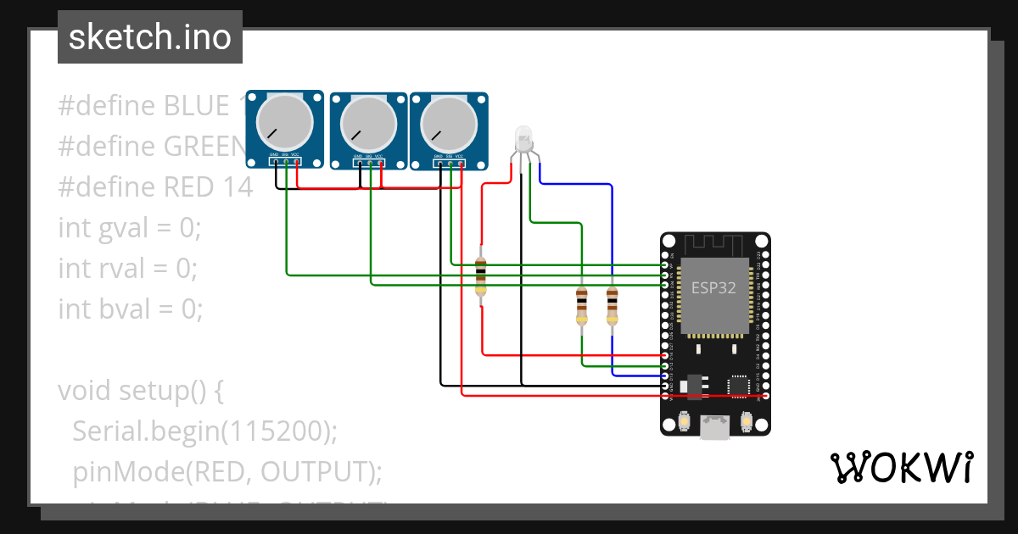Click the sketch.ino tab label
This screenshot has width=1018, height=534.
[x=150, y=37]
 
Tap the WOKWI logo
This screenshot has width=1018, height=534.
[x=901, y=467]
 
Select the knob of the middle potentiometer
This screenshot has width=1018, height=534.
[x=368, y=123]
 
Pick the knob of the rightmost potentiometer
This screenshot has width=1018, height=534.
[x=449, y=123]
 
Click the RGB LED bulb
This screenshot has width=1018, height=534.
[x=523, y=137]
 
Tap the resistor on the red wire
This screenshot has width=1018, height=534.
[x=481, y=276]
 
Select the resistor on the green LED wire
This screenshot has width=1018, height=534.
[x=581, y=305]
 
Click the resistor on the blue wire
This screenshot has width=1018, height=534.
[x=612, y=305]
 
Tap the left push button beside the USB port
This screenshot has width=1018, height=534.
[x=685, y=421]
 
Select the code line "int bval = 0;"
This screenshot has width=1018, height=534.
[x=131, y=309]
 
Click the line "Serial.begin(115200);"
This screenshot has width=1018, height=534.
[x=204, y=431]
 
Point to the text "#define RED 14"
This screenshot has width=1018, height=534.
[x=155, y=187]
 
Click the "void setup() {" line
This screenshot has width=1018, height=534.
[x=140, y=391]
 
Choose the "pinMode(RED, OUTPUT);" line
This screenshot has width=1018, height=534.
[x=227, y=471]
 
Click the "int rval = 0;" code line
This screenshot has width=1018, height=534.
[x=128, y=269]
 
